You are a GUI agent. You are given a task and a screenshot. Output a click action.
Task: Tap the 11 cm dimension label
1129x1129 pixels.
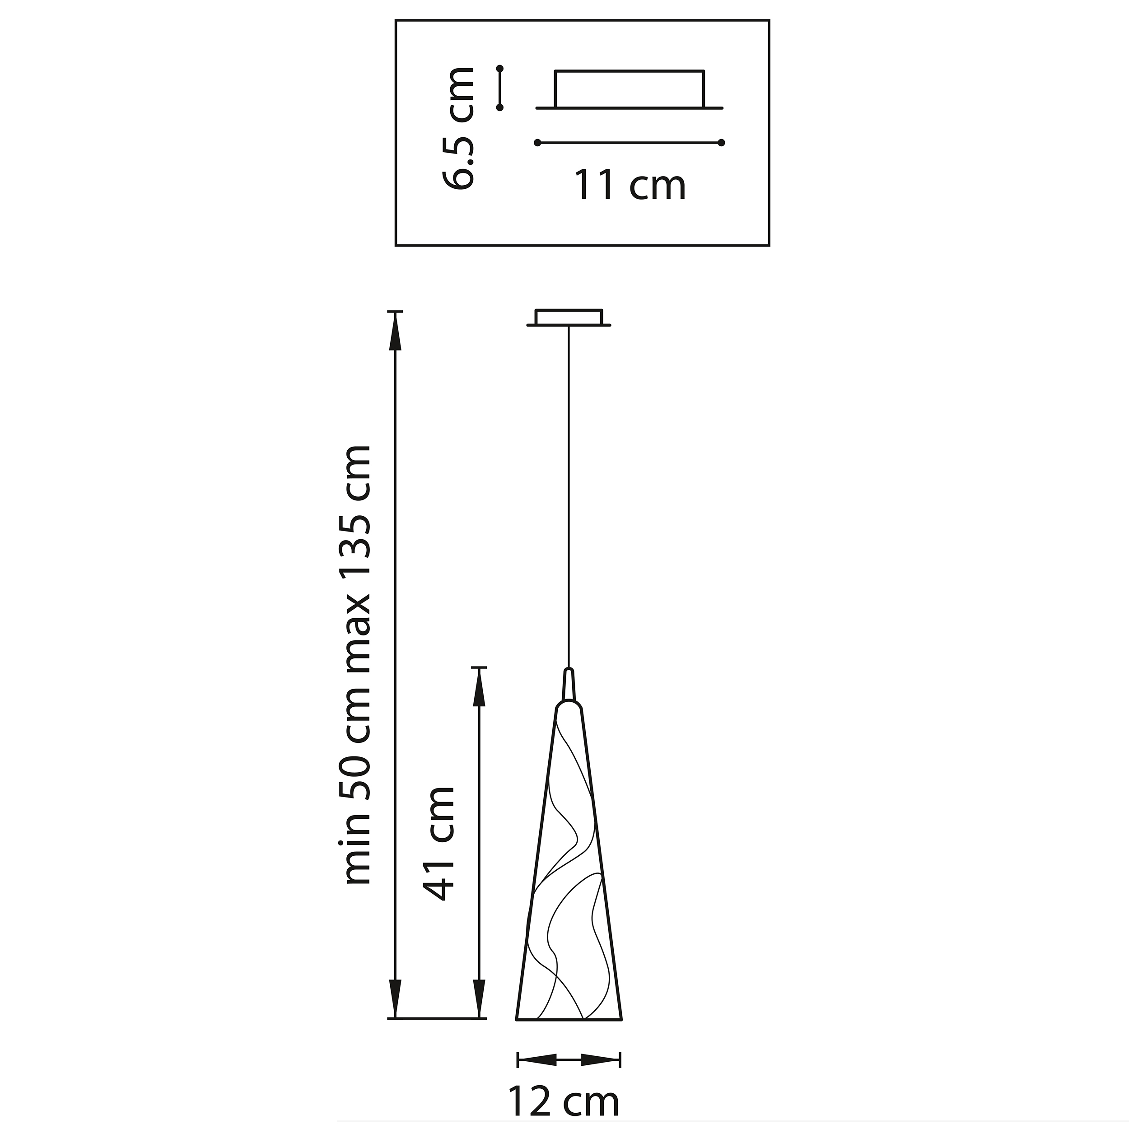click(x=630, y=185)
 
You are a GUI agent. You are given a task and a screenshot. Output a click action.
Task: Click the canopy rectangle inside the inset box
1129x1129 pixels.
click(x=630, y=89)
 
